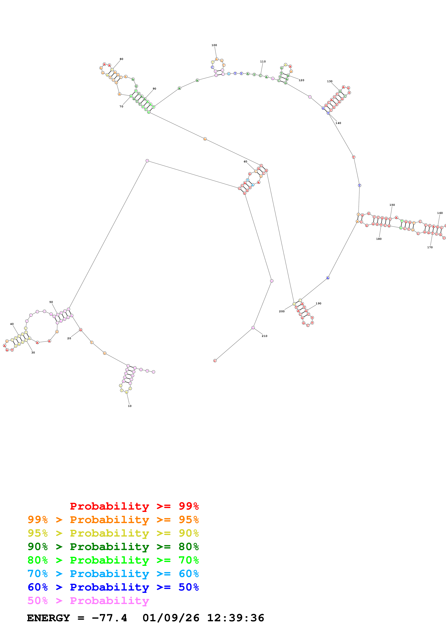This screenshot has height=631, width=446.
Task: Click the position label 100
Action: pos(214,45)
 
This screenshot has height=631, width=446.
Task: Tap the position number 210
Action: pos(264,336)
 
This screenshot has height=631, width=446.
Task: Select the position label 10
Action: pos(130,406)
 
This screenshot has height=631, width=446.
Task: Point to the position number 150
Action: pos(392,205)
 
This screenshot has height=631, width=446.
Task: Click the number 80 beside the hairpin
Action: pos(121,59)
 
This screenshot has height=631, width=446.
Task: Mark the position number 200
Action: pos(282,311)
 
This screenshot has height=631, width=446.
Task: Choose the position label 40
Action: pos(12,324)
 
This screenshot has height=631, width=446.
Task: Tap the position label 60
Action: pos(245,162)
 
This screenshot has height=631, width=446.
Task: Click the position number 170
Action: pos(430,247)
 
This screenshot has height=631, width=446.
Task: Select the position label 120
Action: pos(302,80)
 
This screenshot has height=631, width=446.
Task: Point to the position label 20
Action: pos(69,338)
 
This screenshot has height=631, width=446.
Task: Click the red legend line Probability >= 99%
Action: pos(134,506)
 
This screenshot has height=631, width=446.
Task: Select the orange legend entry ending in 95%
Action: pos(113,519)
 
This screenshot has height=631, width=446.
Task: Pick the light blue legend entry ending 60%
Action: pos(113,574)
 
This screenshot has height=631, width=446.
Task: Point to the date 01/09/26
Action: pos(171,618)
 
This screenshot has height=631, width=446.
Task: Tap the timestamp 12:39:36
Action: pos(236,618)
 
